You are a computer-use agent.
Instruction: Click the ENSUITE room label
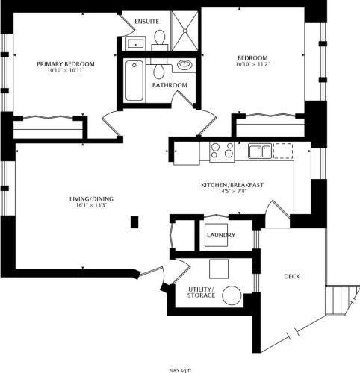click(x=146, y=21)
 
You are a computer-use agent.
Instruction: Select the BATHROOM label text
click(x=170, y=85)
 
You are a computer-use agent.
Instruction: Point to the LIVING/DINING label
click(x=89, y=198)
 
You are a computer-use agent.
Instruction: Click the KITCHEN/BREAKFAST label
click(x=232, y=184)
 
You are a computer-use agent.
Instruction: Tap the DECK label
click(x=292, y=277)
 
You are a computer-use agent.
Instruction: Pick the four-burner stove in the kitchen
click(x=221, y=151)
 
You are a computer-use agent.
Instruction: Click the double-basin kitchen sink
click(x=260, y=151)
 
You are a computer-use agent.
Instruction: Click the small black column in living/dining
click(x=134, y=222)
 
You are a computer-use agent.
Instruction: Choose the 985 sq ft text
click(x=180, y=369)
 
